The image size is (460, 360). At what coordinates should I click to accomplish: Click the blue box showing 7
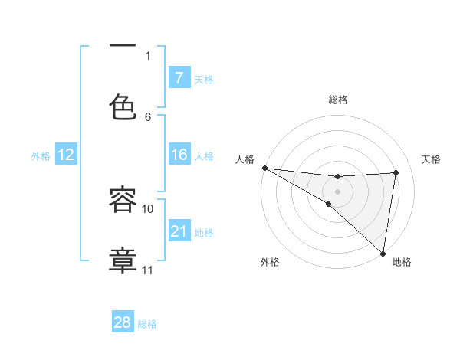point(179,77)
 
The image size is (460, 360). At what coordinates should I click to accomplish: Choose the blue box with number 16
point(179,155)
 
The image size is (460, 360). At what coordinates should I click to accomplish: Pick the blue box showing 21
point(179,231)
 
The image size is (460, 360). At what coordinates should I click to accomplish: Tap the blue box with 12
point(66,155)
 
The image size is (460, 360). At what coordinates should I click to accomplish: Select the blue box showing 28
point(123,322)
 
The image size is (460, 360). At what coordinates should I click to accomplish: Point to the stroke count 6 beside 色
point(148,116)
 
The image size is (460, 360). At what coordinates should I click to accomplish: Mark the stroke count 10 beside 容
point(148,208)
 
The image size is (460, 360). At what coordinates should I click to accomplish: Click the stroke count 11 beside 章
point(148,270)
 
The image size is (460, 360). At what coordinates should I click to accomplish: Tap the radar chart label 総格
point(338,100)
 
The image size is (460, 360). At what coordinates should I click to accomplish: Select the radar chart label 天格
point(432,159)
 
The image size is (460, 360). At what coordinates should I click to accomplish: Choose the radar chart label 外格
point(270,262)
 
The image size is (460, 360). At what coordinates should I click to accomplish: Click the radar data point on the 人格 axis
point(264,168)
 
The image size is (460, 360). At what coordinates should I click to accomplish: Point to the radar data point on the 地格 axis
point(383,253)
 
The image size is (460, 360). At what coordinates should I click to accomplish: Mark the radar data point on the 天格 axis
point(396,172)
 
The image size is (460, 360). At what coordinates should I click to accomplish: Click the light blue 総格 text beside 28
point(147,324)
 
